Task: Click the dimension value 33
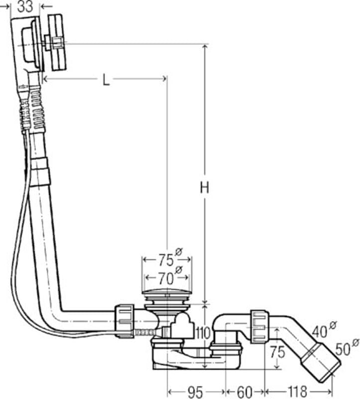pyautogui.click(x=25, y=6)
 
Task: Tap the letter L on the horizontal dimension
pyautogui.click(x=106, y=80)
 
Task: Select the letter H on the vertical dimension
pyautogui.click(x=205, y=188)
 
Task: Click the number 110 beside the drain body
pyautogui.click(x=203, y=333)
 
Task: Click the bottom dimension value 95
pyautogui.click(x=195, y=392)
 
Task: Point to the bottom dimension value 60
pyautogui.click(x=244, y=392)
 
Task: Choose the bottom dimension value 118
pyautogui.click(x=297, y=392)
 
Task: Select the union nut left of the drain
pyautogui.click(x=124, y=321)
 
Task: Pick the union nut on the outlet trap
pyautogui.click(x=258, y=326)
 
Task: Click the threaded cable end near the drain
pyautogui.click(x=144, y=332)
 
